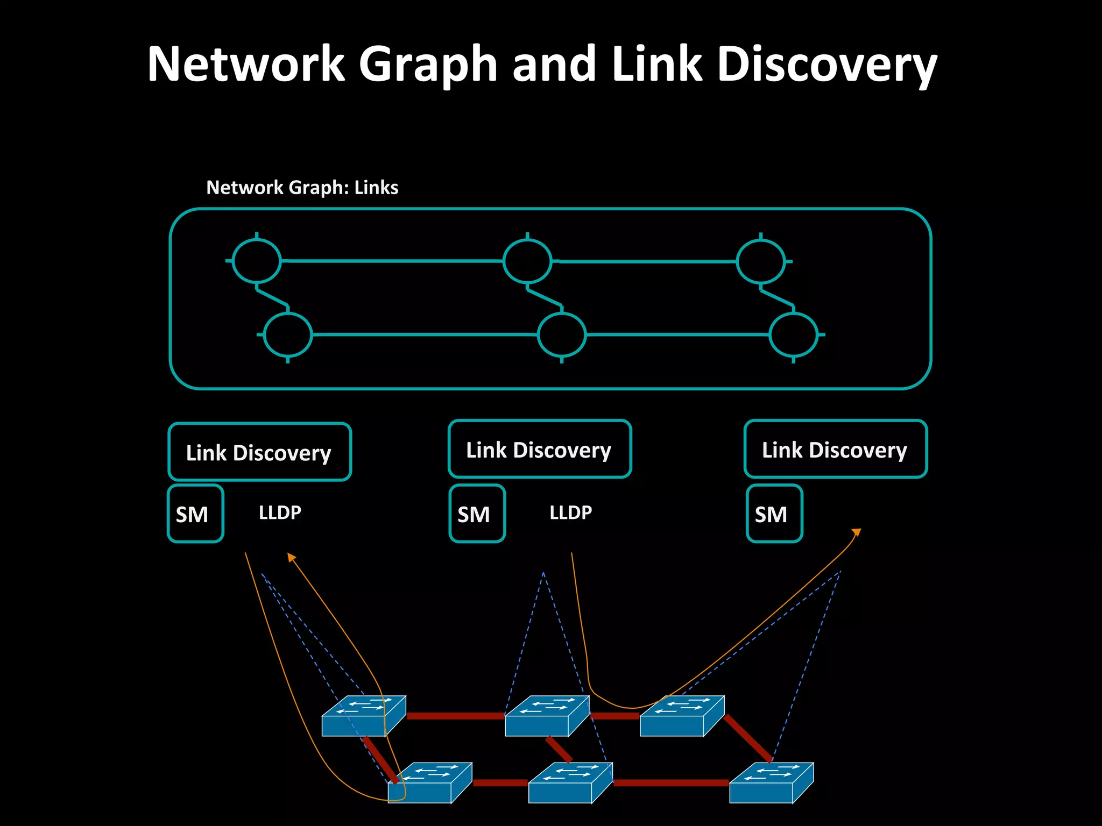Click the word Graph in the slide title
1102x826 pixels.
pyautogui.click(x=428, y=65)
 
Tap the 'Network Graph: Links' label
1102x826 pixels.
pyautogui.click(x=302, y=188)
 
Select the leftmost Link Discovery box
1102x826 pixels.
pyautogui.click(x=259, y=452)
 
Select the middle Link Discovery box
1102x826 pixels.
pyautogui.click(x=539, y=449)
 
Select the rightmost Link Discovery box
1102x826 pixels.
pyautogui.click(x=835, y=449)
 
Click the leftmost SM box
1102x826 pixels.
pyautogui.click(x=195, y=514)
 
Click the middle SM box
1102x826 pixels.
pyautogui.click(x=477, y=514)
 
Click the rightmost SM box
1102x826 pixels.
pyautogui.click(x=774, y=514)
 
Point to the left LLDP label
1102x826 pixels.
pyautogui.click(x=280, y=512)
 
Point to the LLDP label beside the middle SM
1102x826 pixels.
pyautogui.click(x=570, y=512)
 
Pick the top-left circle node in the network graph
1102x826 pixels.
pyautogui.click(x=257, y=261)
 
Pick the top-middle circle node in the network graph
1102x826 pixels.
pyautogui.click(x=527, y=261)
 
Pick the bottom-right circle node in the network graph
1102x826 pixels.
pyautogui.click(x=794, y=334)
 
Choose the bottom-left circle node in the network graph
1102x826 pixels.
pyautogui.click(x=288, y=334)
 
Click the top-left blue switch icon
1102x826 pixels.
pyautogui.click(x=363, y=716)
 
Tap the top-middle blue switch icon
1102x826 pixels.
pyautogui.click(x=547, y=716)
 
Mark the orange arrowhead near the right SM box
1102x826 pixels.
pyautogui.click(x=857, y=532)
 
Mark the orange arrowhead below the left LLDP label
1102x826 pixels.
pyautogui.click(x=291, y=557)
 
